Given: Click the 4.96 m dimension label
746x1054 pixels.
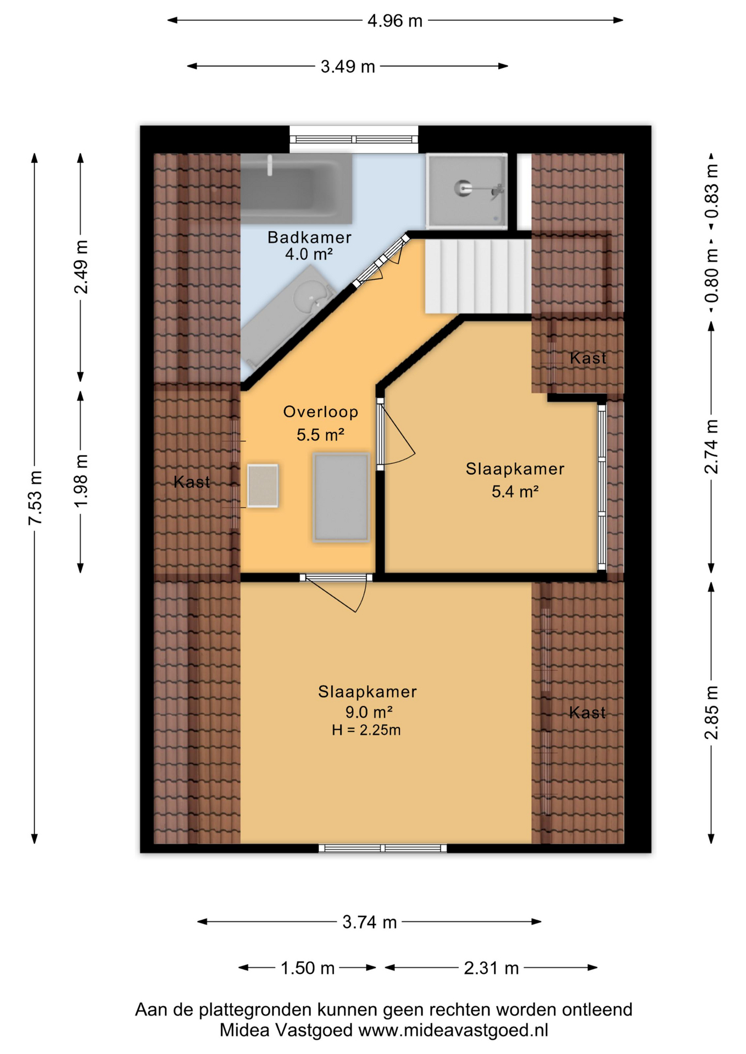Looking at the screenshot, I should [394, 21].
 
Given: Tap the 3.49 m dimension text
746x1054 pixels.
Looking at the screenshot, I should [348, 67].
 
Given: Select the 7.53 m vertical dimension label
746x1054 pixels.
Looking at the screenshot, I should [35, 497].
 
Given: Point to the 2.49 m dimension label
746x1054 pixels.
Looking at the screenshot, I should [81, 267].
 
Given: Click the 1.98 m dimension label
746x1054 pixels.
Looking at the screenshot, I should [81, 481].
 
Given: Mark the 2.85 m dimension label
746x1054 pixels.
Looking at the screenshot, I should [711, 713].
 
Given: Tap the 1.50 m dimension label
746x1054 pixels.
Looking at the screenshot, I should [307, 968].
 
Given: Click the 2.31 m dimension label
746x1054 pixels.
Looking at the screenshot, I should [491, 968].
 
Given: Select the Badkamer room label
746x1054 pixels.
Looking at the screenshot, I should [309, 238].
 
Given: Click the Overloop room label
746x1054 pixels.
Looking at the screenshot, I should [321, 412].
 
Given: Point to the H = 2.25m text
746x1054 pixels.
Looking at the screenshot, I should [366, 730].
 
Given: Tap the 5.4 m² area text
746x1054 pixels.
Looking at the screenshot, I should [515, 492].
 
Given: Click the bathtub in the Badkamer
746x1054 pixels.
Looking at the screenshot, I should [297, 188].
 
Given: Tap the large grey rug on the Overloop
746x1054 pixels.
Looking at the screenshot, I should [341, 497].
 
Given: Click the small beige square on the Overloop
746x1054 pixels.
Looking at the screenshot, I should [263, 486].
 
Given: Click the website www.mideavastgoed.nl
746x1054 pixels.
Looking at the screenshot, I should [453, 1030].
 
